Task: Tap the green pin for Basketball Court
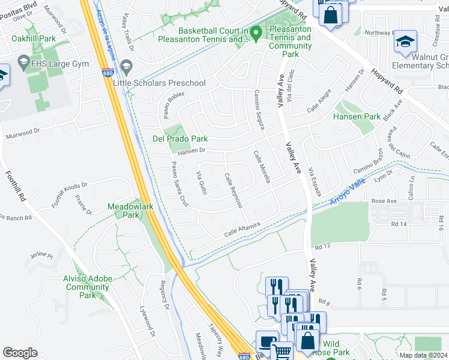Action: point(256,34)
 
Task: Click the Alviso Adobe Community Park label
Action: point(87,287)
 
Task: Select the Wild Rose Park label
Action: point(335,348)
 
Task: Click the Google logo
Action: point(20,353)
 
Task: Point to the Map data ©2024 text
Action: point(423,355)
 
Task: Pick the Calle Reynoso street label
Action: point(233,190)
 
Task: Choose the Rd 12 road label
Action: point(322,246)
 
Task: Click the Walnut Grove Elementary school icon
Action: point(405,43)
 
